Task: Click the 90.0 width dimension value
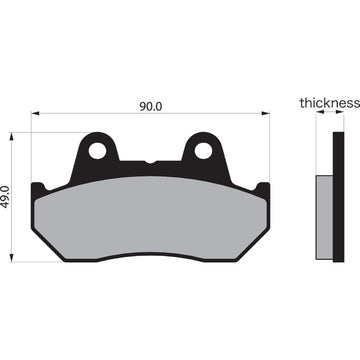(x=150, y=103)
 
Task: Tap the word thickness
(x=329, y=102)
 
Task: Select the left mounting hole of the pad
(x=99, y=151)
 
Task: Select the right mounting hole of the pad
(x=204, y=151)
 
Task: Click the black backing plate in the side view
(x=336, y=200)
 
